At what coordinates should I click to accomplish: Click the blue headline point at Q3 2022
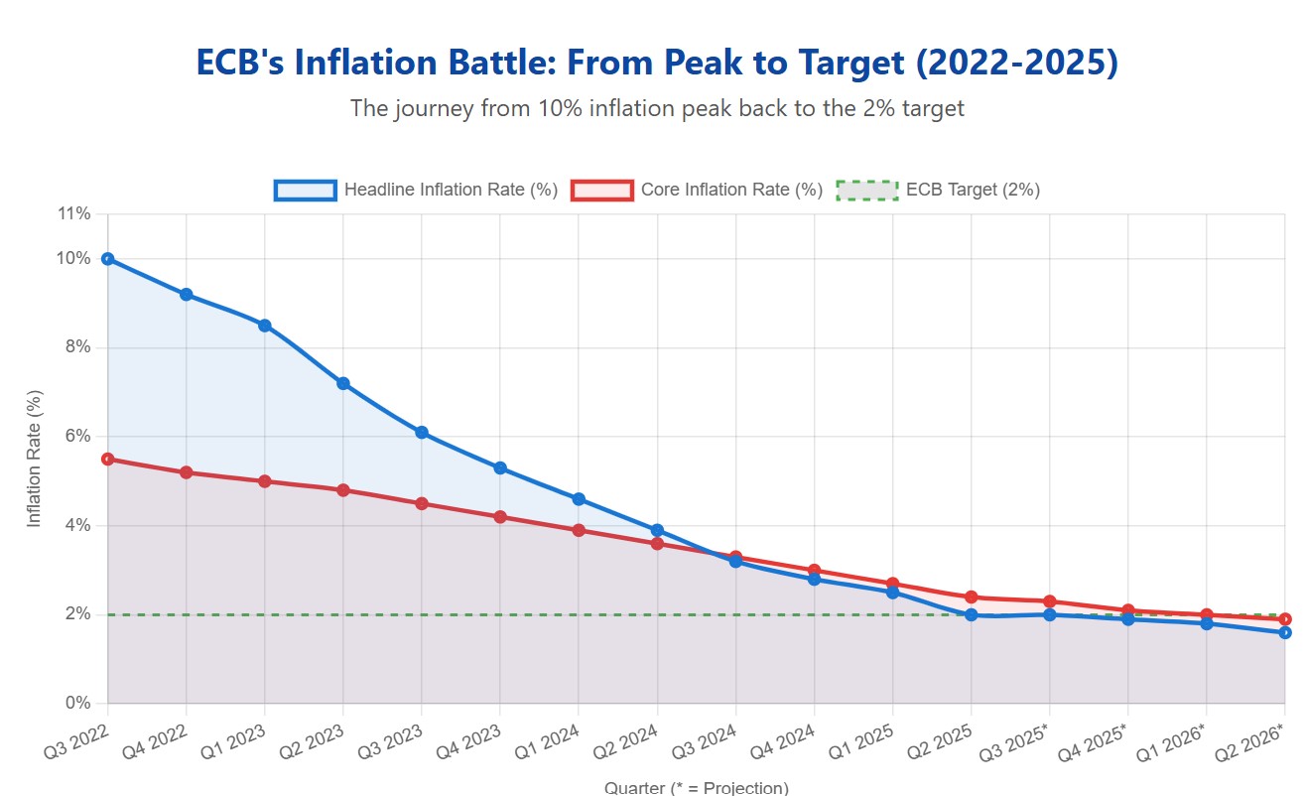(x=107, y=259)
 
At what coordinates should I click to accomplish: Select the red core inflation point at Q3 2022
(x=107, y=459)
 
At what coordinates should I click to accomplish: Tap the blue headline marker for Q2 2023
(x=343, y=383)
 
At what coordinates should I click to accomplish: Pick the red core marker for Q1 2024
(x=579, y=530)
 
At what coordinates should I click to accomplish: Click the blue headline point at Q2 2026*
(x=1284, y=632)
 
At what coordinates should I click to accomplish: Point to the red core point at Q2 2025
(x=971, y=597)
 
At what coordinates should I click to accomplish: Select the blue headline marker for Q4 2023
(x=500, y=467)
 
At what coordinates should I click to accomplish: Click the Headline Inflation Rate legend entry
(x=417, y=190)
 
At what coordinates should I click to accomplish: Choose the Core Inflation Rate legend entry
(x=698, y=190)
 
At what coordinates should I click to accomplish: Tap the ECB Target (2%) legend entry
(x=938, y=190)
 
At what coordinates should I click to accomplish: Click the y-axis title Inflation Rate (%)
(x=34, y=459)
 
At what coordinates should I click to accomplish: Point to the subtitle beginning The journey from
(x=657, y=108)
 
